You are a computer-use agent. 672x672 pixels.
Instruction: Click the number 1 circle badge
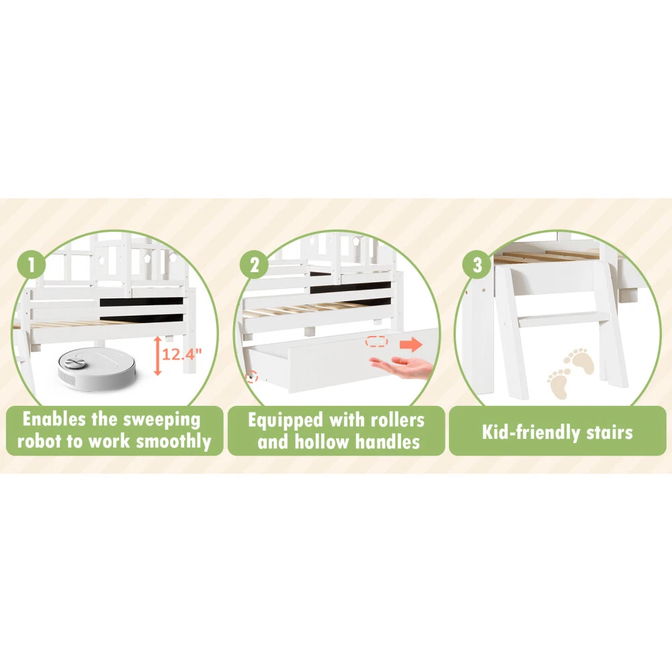(x=32, y=264)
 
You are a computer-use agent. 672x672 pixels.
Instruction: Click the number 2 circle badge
(x=254, y=264)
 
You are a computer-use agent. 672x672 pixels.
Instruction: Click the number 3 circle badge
(x=477, y=264)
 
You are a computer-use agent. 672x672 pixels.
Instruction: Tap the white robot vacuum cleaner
(x=96, y=368)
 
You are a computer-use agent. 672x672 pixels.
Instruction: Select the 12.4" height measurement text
(x=181, y=354)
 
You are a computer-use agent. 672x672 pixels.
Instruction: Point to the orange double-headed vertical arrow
(x=157, y=355)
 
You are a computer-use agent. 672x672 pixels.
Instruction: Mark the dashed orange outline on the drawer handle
(x=376, y=342)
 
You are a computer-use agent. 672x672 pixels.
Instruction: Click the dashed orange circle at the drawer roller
(x=251, y=377)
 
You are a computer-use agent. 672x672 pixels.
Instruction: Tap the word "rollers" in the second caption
(x=397, y=420)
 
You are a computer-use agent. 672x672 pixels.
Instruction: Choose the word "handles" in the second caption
(x=388, y=442)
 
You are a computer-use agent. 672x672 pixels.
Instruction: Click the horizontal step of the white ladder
(x=563, y=320)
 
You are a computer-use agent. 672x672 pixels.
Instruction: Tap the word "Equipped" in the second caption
(x=286, y=421)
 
